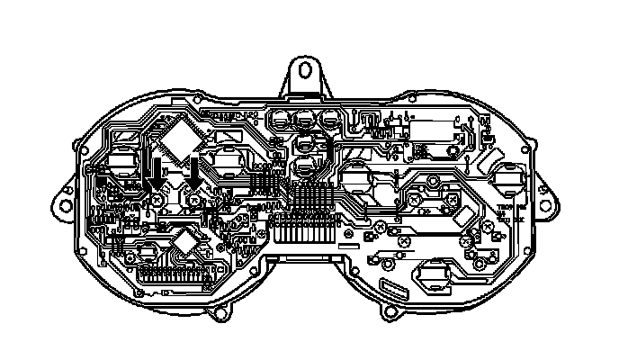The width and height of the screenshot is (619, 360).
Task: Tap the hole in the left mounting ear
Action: click(64, 201)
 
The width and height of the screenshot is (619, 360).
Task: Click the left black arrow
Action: click(157, 171)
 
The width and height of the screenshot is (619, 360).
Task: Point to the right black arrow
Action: click(194, 171)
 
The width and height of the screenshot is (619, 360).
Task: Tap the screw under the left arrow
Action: click(157, 199)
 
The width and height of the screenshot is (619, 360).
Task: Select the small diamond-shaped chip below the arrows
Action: click(185, 240)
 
